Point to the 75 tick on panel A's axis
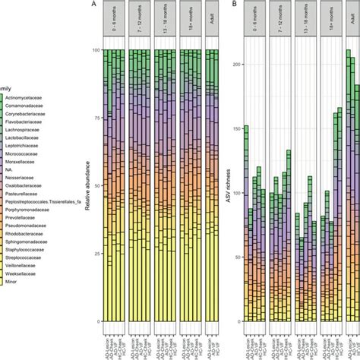pyautogui.click(x=96, y=118)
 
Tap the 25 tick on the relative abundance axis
pyautogui.click(x=96, y=254)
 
